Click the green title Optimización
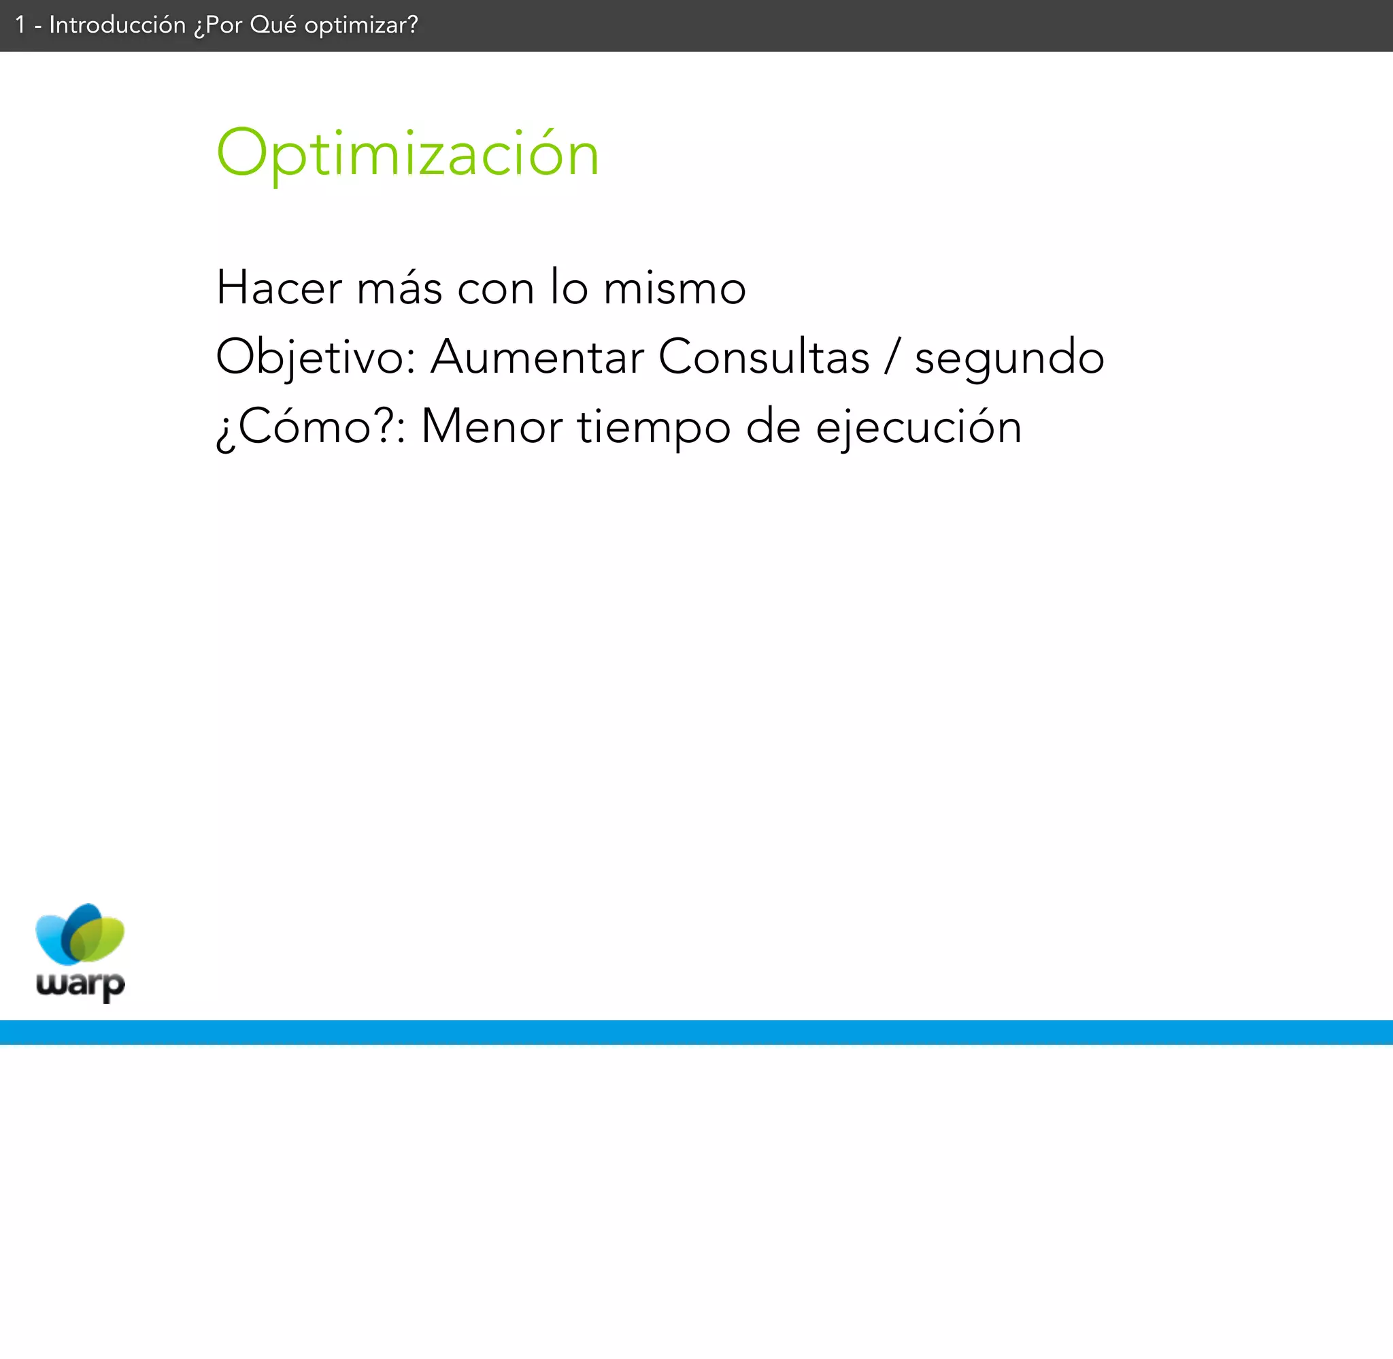[x=407, y=154]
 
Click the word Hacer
[x=279, y=288]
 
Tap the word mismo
[x=674, y=288]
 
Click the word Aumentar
[x=537, y=357]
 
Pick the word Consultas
[x=764, y=357]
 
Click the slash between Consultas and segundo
[x=892, y=357]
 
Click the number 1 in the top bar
[x=20, y=26]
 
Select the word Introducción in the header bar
[x=117, y=25]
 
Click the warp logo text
[x=81, y=984]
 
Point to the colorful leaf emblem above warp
[x=80, y=935]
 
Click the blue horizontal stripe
[x=696, y=1032]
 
